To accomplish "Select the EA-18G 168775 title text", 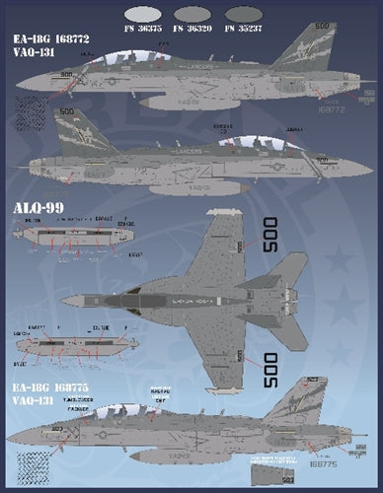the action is tap(52, 390).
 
